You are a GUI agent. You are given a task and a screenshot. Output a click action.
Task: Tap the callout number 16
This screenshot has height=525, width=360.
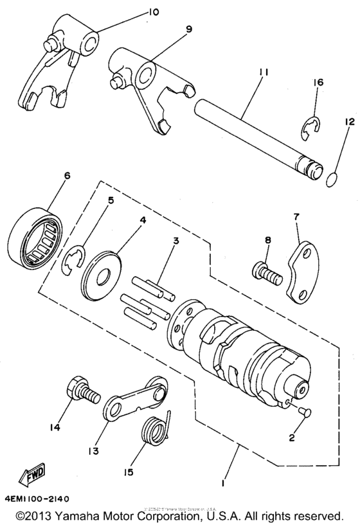319,83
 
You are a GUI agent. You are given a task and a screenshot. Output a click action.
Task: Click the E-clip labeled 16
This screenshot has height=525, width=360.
312,129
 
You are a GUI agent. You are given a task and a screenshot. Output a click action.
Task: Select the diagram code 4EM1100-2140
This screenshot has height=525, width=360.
37,498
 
